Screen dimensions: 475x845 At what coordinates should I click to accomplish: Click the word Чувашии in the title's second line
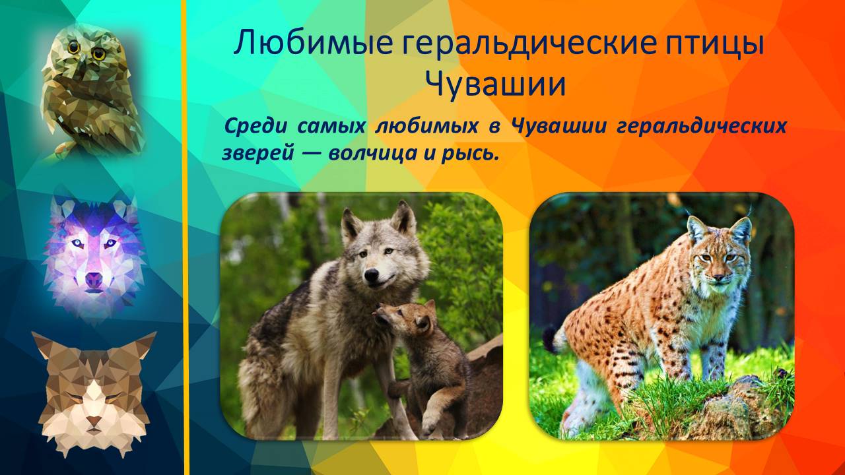495,85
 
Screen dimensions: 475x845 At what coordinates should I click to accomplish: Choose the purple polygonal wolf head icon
94,254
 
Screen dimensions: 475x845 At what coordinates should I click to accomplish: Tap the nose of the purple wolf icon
94,281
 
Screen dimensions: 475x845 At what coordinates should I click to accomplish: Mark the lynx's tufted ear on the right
741,228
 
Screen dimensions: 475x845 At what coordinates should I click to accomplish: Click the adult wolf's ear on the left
351,224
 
